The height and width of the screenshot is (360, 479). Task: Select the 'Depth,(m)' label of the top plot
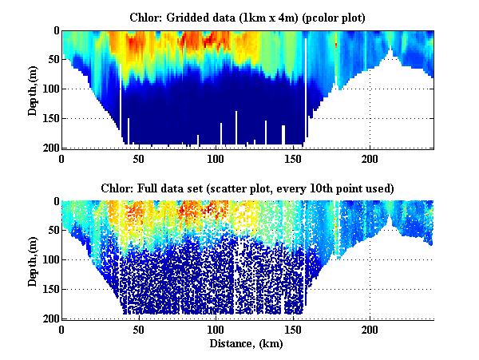pos(33,89)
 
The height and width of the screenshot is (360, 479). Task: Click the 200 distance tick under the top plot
pos(370,159)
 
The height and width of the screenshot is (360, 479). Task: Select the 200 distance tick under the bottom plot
pos(370,329)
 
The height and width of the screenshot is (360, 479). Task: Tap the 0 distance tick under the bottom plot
pos(62,329)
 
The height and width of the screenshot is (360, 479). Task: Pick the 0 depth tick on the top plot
pos(52,30)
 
